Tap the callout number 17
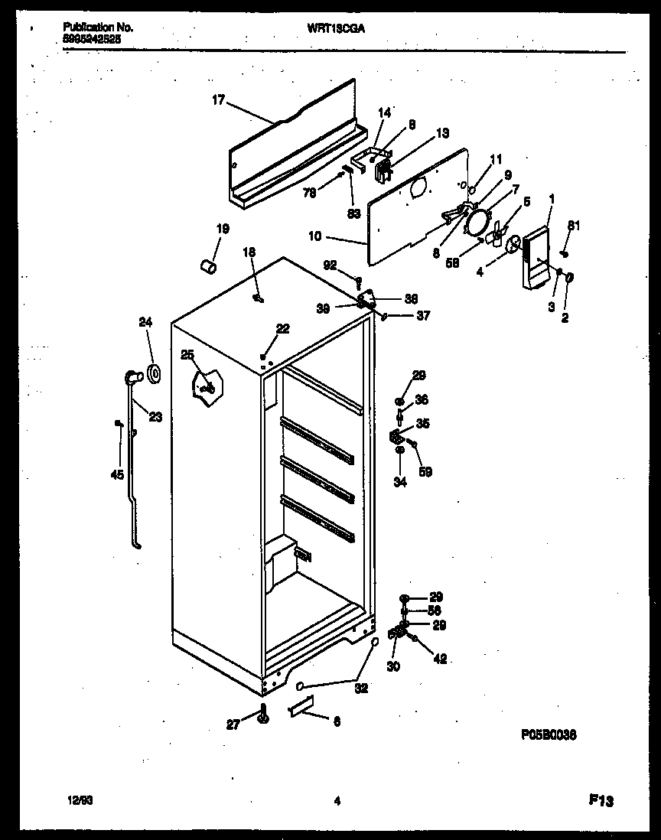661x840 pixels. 218,99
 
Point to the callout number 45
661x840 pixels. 117,476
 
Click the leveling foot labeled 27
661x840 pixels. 265,715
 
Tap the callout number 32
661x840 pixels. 361,688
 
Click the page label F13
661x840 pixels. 601,801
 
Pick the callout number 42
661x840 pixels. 440,659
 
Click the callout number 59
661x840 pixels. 425,472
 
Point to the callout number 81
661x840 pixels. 573,225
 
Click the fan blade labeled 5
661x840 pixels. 500,234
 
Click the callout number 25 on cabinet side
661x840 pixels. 187,353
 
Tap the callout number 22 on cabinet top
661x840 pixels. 283,328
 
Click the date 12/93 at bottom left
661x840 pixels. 75,801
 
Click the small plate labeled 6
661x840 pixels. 302,711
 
